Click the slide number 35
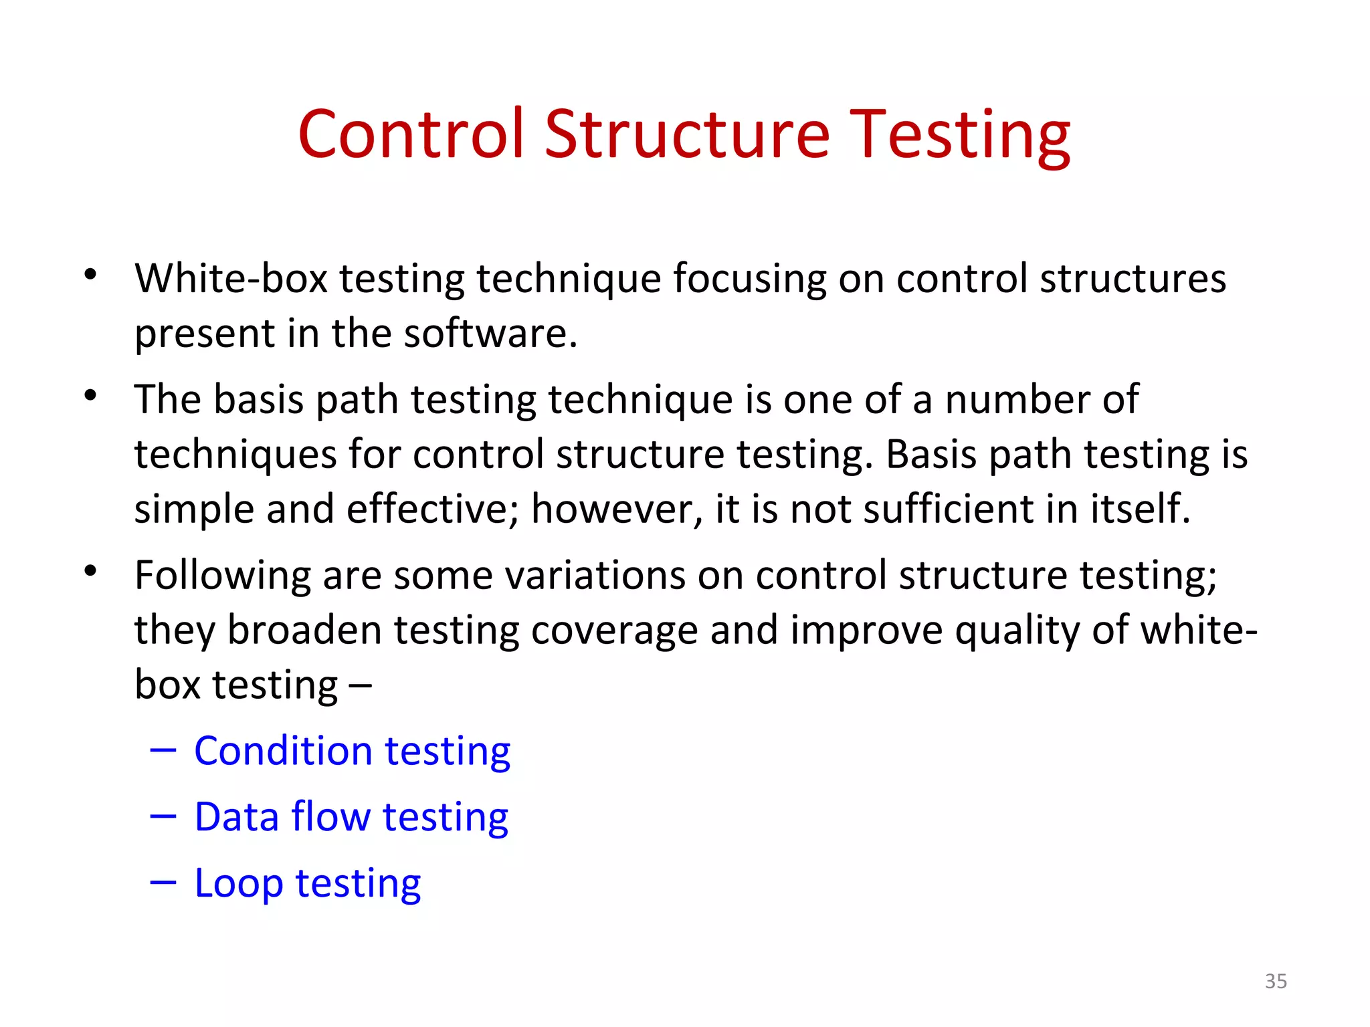click(1275, 981)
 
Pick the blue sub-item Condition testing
click(352, 751)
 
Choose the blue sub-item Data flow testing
click(351, 817)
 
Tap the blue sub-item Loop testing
click(307, 883)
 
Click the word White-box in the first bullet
click(231, 278)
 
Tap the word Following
click(223, 576)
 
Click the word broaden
click(304, 630)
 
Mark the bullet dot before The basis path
click(91, 395)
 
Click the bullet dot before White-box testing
click(91, 274)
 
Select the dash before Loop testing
click(163, 883)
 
